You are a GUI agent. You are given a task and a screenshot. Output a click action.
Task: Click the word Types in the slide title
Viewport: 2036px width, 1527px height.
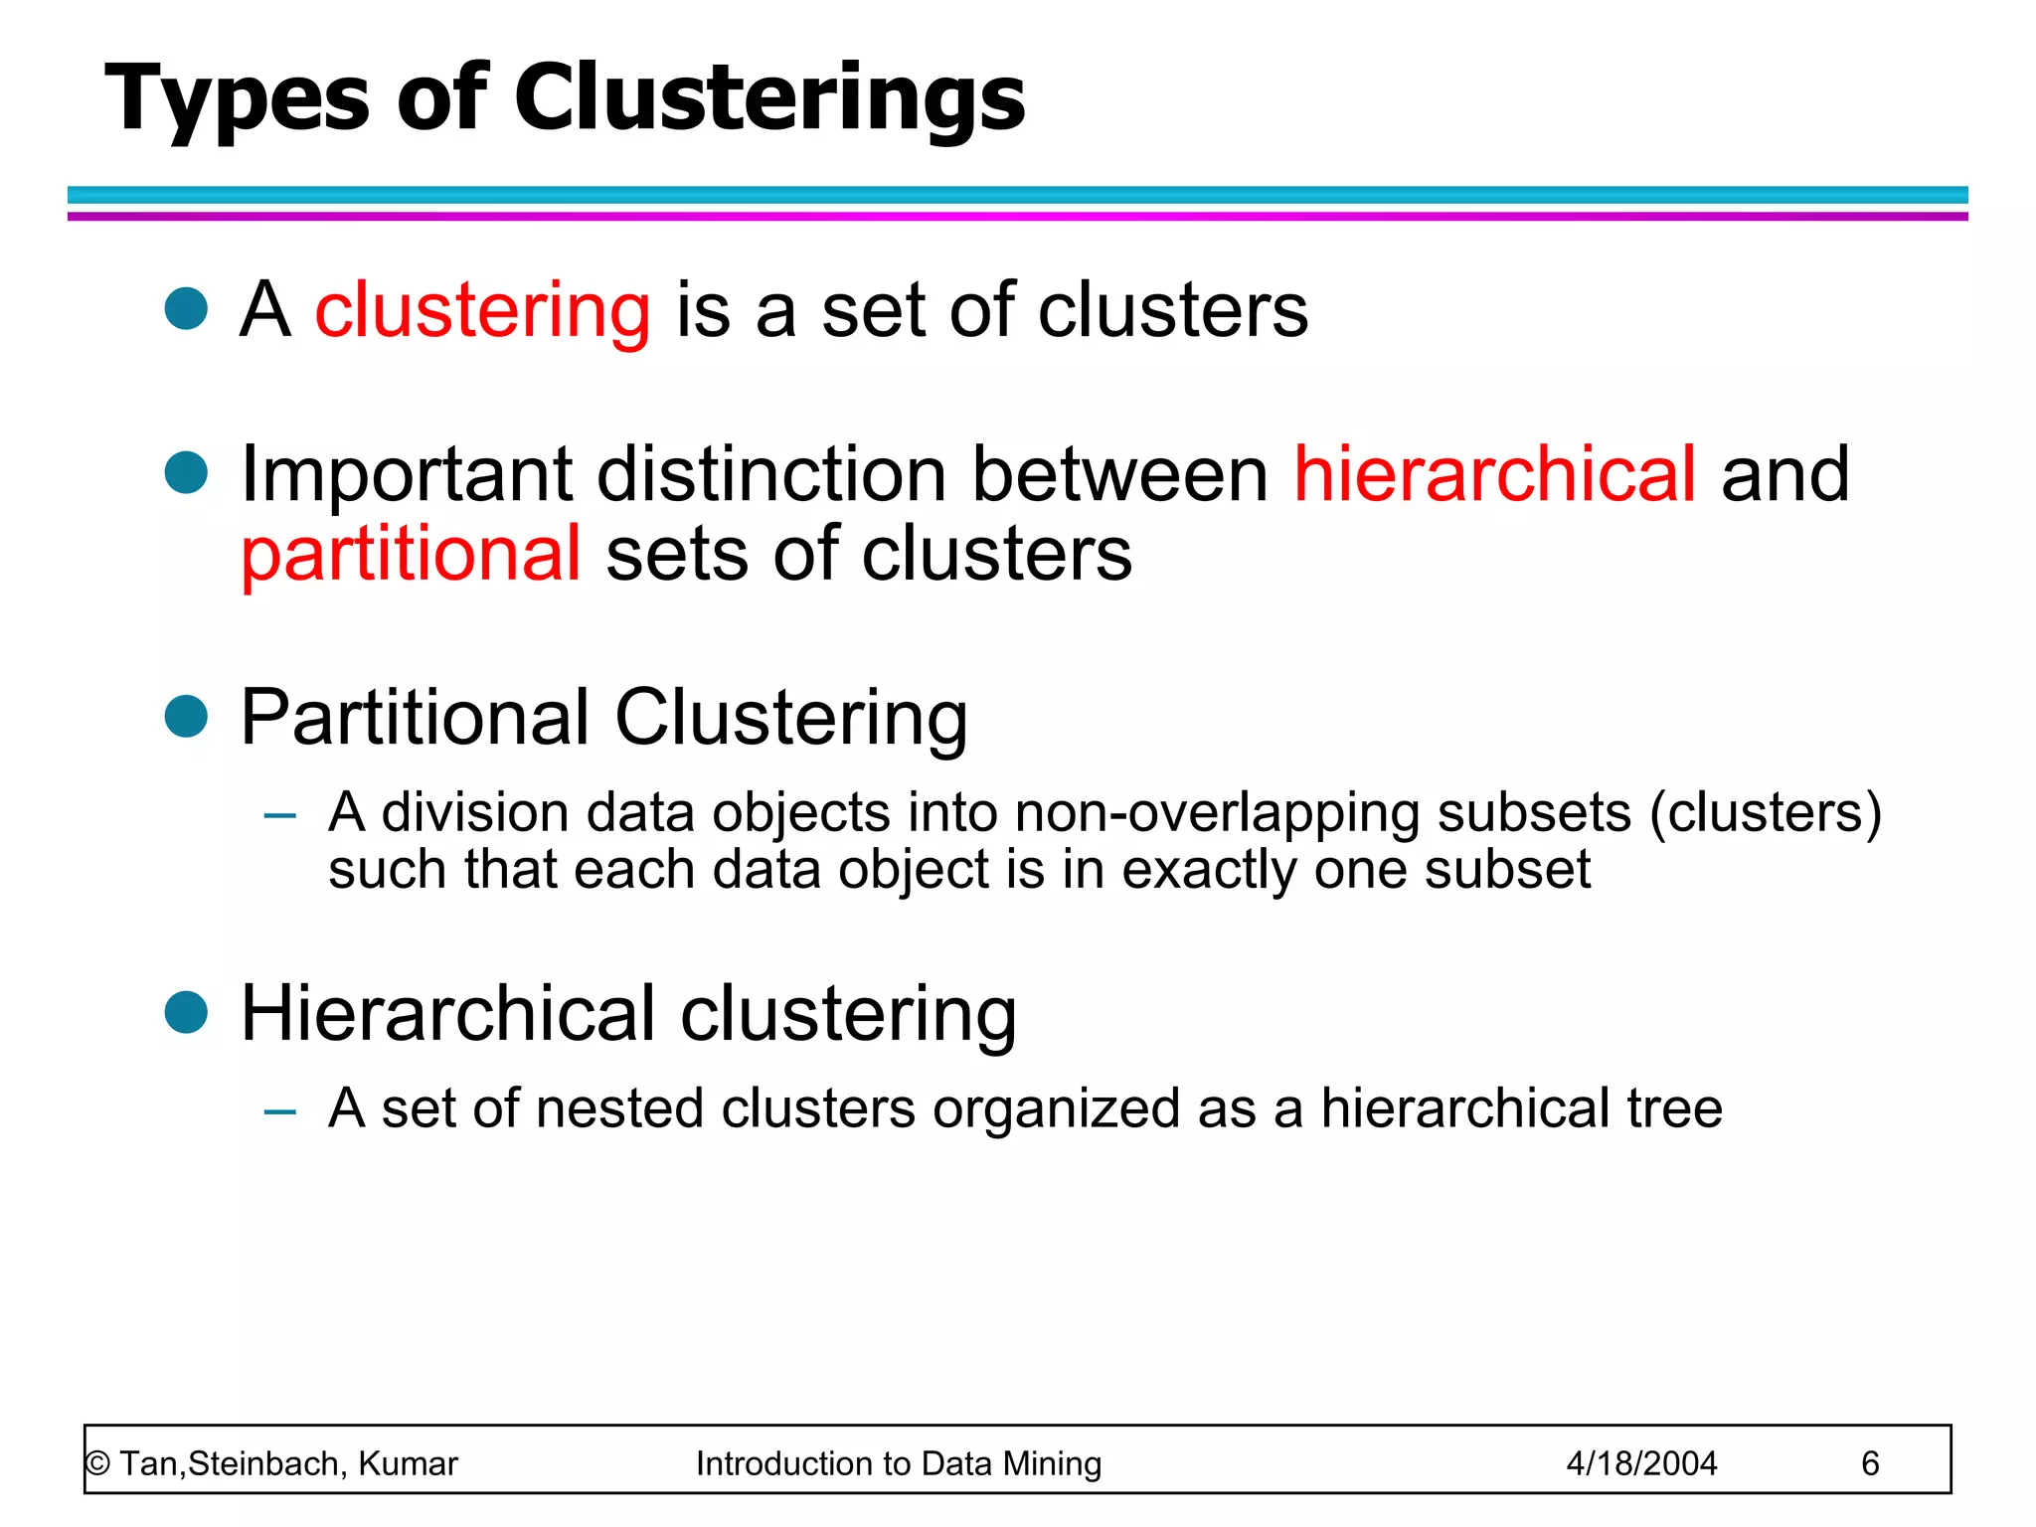click(237, 100)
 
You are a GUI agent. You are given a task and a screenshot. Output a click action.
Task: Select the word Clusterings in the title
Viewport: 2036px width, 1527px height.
click(768, 100)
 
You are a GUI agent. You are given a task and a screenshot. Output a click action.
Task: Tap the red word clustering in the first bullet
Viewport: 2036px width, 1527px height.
click(482, 310)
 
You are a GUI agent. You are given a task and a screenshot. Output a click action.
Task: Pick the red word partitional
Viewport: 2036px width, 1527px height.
click(411, 554)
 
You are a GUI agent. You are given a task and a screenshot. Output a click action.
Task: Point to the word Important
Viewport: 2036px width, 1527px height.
click(407, 475)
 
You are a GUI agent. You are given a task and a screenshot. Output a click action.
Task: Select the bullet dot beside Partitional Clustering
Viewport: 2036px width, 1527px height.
click(186, 716)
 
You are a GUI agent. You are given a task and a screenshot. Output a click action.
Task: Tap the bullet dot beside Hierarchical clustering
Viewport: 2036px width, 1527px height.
click(186, 1012)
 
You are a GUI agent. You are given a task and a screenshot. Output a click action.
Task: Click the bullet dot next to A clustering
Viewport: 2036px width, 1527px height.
click(186, 308)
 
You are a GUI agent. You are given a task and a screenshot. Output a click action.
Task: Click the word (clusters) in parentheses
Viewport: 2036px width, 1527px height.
click(1766, 813)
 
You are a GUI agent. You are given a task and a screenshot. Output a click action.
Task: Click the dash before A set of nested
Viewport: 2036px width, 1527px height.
click(280, 1111)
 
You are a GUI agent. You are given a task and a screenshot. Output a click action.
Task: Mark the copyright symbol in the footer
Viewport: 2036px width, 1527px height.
click(97, 1464)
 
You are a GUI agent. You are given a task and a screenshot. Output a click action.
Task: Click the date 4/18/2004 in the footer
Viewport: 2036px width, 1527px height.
click(1641, 1463)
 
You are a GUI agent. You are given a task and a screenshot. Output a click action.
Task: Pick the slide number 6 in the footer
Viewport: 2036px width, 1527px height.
click(1870, 1463)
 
